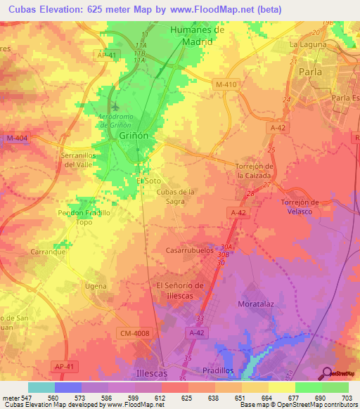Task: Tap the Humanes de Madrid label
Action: coord(198,35)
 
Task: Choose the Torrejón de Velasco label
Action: coord(300,207)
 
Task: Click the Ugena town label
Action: coord(96,286)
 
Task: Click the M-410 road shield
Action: coord(228,84)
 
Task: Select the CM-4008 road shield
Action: coord(136,333)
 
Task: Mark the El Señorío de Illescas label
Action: coord(180,290)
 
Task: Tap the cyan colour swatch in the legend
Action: coord(41,388)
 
